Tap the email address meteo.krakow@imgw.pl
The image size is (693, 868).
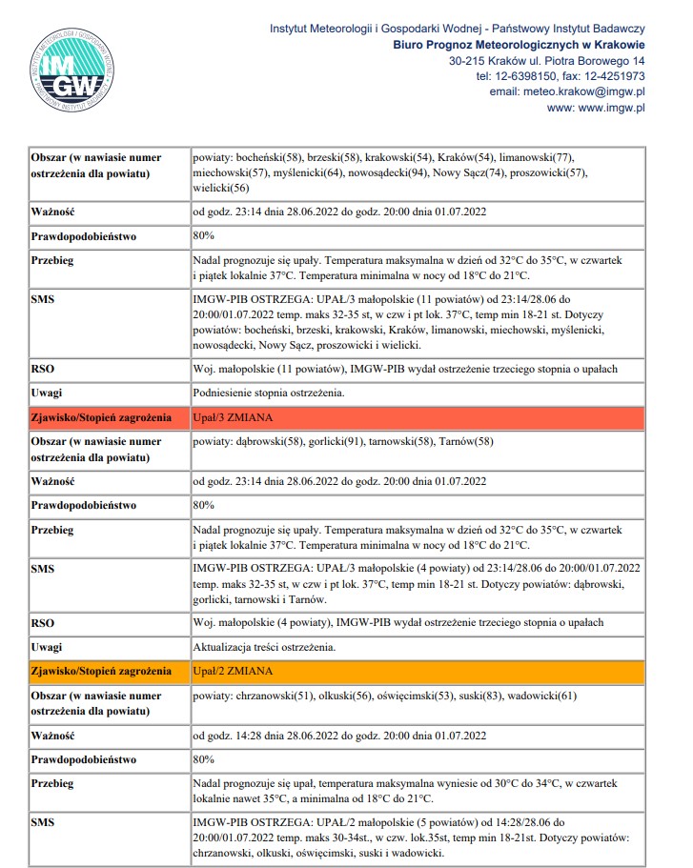pos(567,91)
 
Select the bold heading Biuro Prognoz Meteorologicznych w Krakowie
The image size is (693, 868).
pos(519,44)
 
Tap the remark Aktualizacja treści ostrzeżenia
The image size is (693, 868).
pos(264,647)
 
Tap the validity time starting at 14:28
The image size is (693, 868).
pos(339,736)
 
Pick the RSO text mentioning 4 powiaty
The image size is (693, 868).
pos(397,622)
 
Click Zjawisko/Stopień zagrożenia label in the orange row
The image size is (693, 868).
pos(101,671)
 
